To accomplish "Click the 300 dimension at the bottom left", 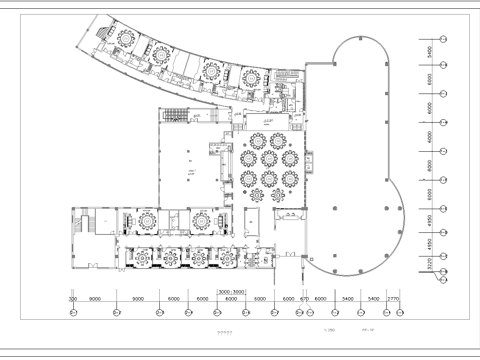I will (72, 298).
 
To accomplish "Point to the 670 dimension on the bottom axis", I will (303, 298).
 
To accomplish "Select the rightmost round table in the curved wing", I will (250, 76).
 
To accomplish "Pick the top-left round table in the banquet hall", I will (256, 139).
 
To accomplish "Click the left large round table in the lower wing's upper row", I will (148, 218).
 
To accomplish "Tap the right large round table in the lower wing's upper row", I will (202, 218).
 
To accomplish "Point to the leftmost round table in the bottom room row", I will (143, 257).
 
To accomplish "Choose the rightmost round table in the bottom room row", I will (227, 259).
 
